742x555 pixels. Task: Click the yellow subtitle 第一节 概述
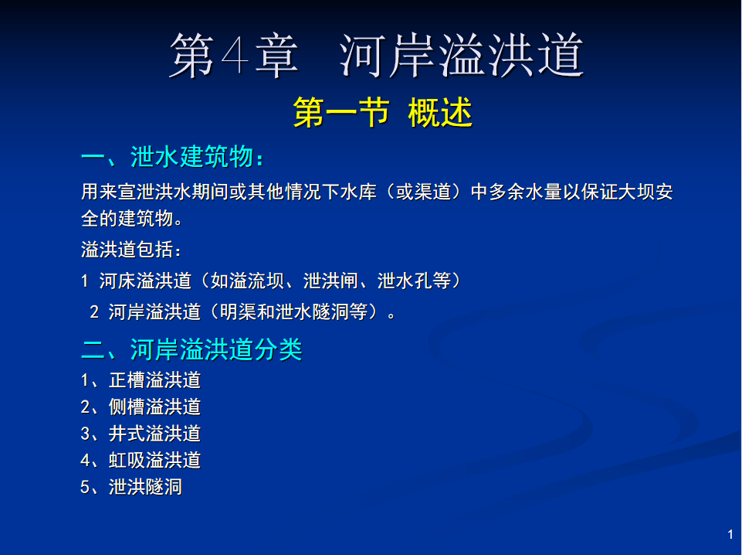point(383,112)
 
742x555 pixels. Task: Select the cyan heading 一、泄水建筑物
point(172,156)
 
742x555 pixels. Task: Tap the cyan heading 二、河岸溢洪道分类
point(191,349)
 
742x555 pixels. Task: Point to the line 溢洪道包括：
point(131,249)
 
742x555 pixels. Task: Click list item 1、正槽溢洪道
point(141,380)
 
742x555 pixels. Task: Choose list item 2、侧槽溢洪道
point(141,407)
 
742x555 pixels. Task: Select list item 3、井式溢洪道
point(141,434)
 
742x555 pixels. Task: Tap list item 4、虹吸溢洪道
point(141,460)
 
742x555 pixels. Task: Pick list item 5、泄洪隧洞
point(131,487)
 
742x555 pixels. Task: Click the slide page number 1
point(730,534)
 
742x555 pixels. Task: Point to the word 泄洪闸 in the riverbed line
point(330,281)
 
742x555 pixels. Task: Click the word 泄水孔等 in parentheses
point(414,281)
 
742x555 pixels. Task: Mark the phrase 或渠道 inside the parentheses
point(424,192)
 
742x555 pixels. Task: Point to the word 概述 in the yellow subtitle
point(440,112)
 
